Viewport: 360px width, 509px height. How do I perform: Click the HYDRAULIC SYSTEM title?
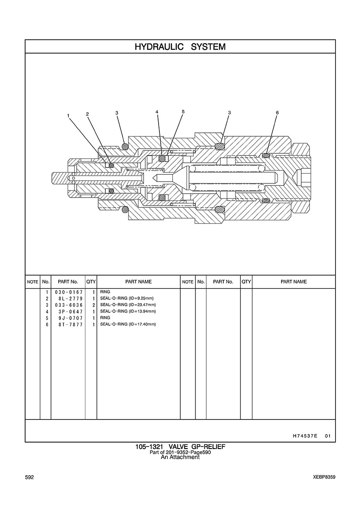(180, 47)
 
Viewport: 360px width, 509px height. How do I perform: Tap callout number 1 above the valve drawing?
(68, 115)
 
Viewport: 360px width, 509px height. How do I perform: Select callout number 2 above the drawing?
(87, 114)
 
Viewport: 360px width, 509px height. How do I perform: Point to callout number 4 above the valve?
(157, 112)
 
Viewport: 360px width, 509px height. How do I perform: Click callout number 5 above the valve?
(183, 111)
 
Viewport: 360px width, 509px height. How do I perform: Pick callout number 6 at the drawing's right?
(277, 113)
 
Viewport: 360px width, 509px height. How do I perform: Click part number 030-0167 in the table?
(69, 292)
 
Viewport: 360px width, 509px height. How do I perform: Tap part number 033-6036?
(69, 305)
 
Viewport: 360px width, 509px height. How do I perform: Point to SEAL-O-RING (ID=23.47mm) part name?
(128, 305)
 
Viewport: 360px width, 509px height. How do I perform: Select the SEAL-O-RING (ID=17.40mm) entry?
(128, 324)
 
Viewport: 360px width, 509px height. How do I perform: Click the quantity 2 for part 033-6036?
(93, 305)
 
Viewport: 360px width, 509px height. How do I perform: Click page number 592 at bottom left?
(30, 477)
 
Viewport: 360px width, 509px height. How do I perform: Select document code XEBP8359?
(324, 477)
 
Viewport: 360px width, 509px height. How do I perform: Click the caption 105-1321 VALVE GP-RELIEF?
(180, 447)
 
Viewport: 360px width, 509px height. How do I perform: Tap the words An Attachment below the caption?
(180, 457)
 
